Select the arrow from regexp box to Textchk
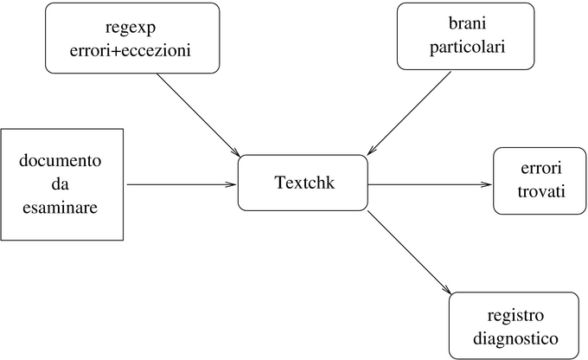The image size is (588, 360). pyautogui.click(x=198, y=110)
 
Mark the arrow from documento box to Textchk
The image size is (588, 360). pyautogui.click(x=182, y=183)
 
